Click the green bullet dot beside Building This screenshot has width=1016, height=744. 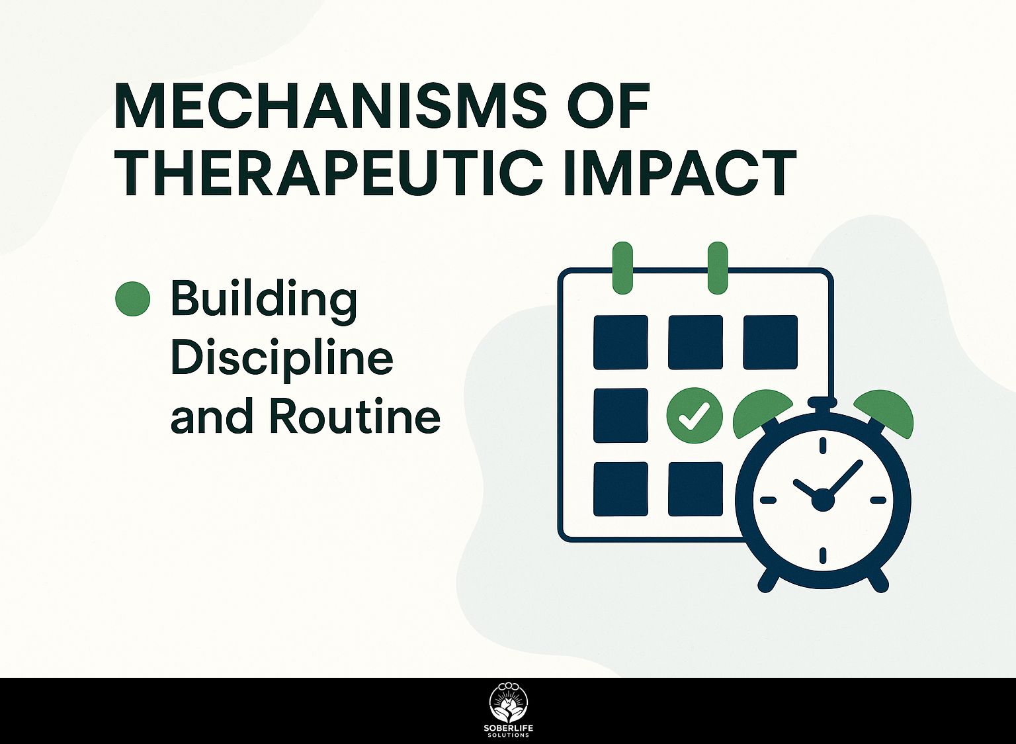coord(132,299)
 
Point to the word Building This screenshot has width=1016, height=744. coord(263,300)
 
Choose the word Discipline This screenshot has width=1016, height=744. coord(282,358)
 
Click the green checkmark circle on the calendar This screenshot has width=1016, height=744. coord(695,415)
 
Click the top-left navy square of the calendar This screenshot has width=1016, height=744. coord(620,342)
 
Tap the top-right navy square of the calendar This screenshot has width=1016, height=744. coord(770,342)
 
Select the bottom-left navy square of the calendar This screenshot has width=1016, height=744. coord(620,489)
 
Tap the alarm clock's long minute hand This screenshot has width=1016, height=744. coord(843,479)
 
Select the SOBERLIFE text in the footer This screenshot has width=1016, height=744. coord(508,729)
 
